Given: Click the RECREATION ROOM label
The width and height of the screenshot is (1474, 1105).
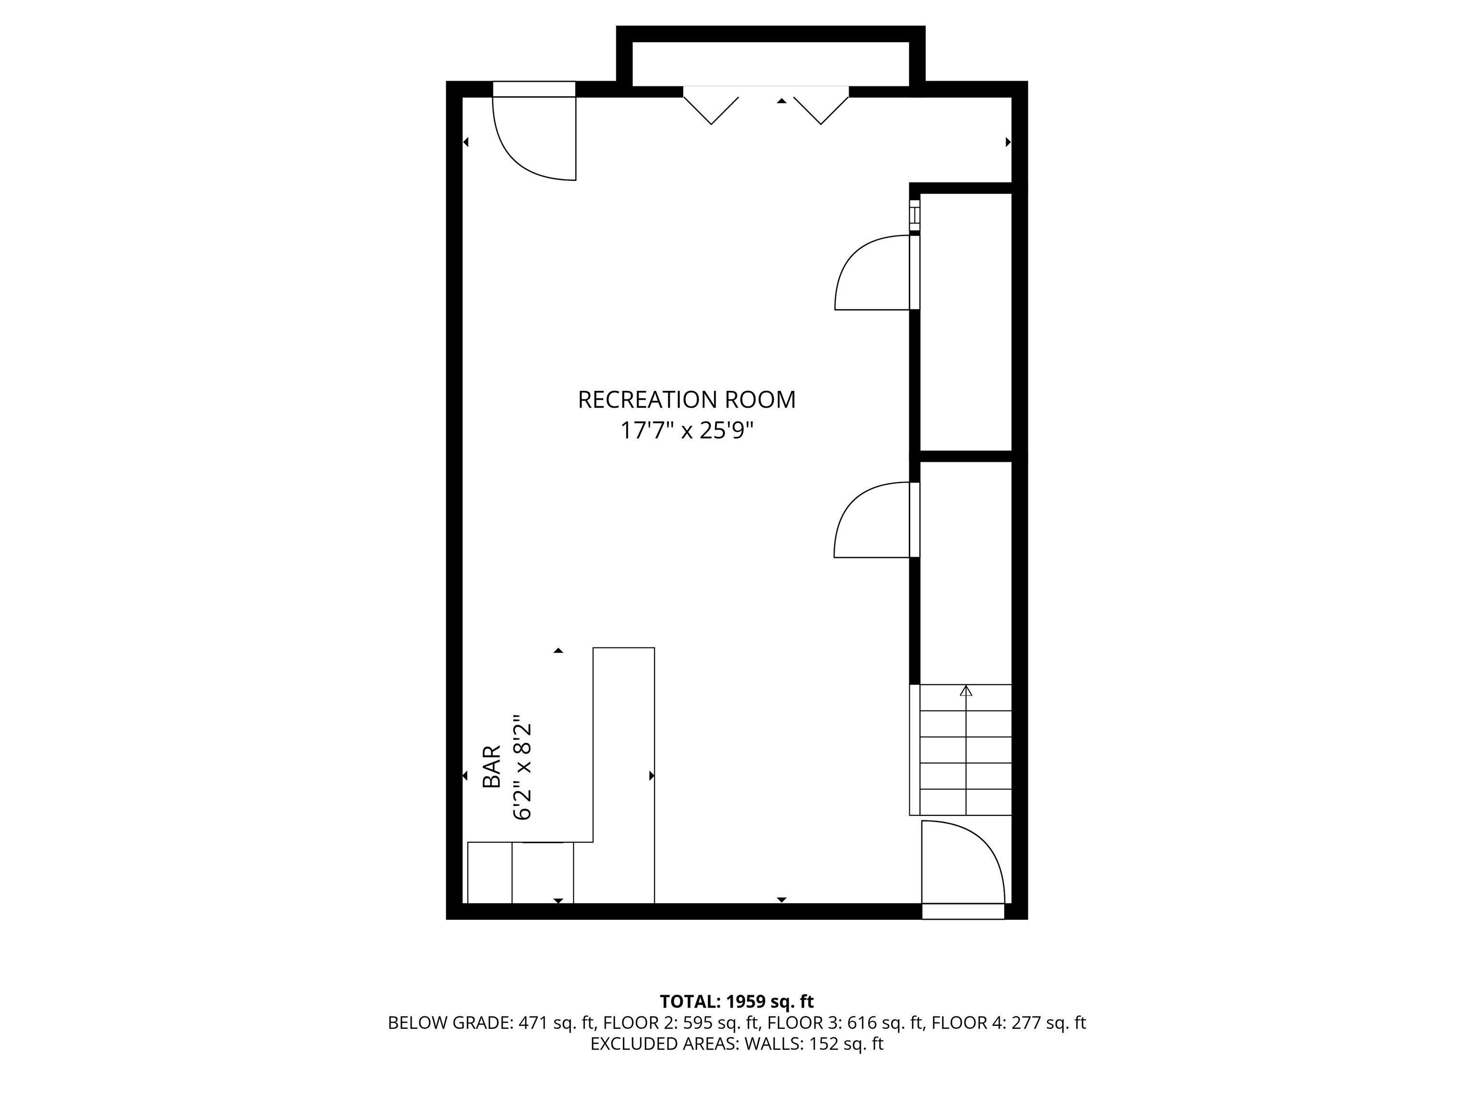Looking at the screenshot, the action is click(686, 400).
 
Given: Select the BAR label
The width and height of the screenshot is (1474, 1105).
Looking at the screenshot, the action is click(491, 766).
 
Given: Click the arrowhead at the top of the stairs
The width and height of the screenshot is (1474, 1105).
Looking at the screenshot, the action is click(965, 691).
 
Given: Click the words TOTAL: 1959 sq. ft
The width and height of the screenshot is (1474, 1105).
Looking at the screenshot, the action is click(737, 1001).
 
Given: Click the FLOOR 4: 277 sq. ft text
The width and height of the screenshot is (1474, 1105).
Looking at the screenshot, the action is click(1009, 1023).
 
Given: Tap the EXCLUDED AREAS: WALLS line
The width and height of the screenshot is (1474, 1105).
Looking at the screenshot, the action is click(737, 1044).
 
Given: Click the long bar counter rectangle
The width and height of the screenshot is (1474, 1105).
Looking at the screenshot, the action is click(624, 776).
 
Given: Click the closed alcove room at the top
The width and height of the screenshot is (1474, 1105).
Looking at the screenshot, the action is click(771, 64).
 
